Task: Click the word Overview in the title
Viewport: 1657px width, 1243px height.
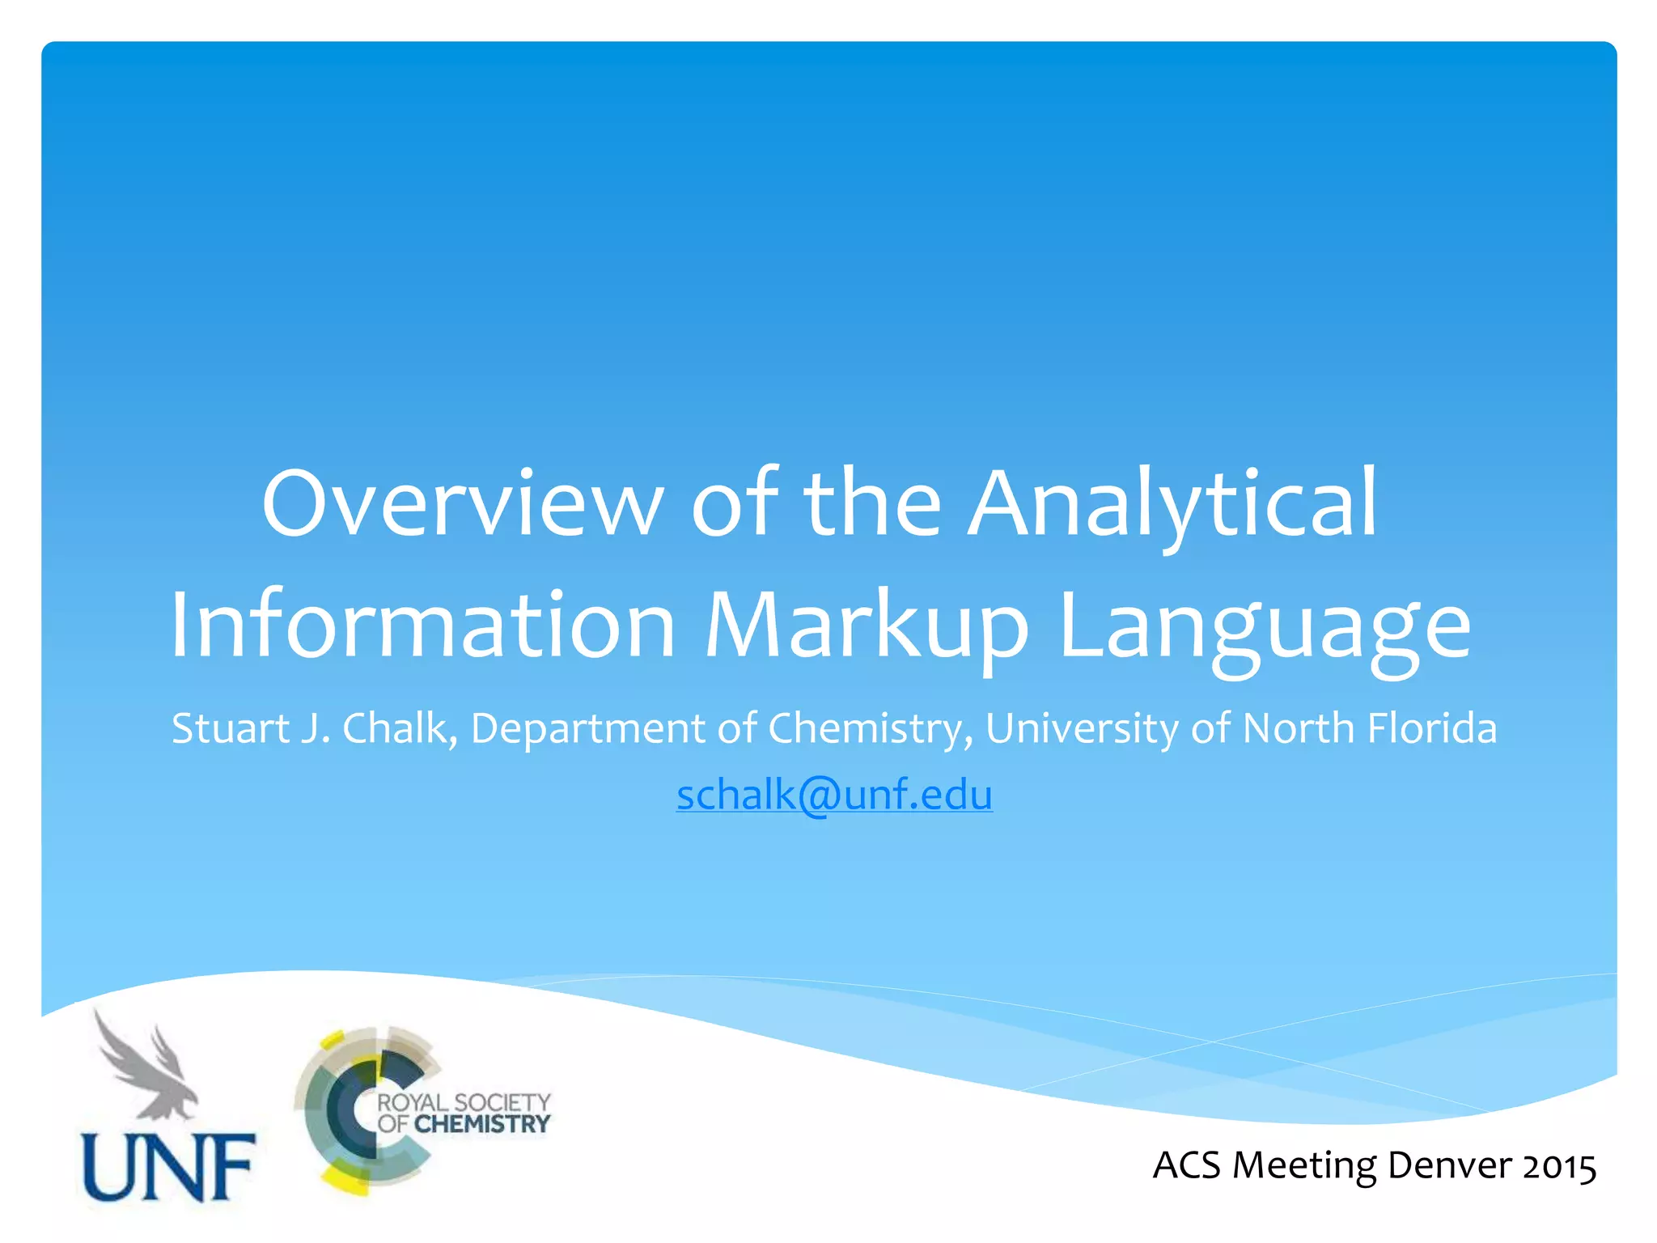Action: (462, 503)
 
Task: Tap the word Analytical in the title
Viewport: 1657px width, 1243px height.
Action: (1172, 503)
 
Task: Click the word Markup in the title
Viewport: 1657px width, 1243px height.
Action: (867, 625)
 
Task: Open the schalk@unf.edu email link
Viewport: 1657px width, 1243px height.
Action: (834, 794)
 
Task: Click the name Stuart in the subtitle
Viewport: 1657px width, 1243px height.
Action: (230, 728)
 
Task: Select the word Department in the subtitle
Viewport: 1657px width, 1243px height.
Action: (587, 728)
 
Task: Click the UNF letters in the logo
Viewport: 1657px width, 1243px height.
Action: (169, 1166)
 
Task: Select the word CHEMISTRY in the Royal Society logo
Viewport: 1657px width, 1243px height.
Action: (482, 1124)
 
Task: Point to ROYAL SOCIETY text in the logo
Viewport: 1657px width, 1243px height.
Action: (464, 1102)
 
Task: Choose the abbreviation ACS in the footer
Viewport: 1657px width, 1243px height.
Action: (1186, 1166)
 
